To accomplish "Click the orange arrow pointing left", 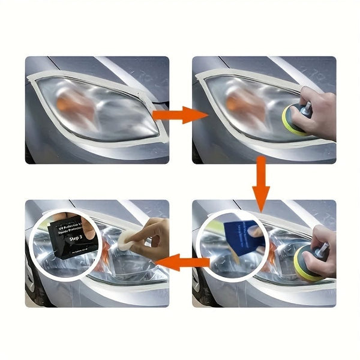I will coord(183,262).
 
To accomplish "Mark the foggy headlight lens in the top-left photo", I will coord(96,111).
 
